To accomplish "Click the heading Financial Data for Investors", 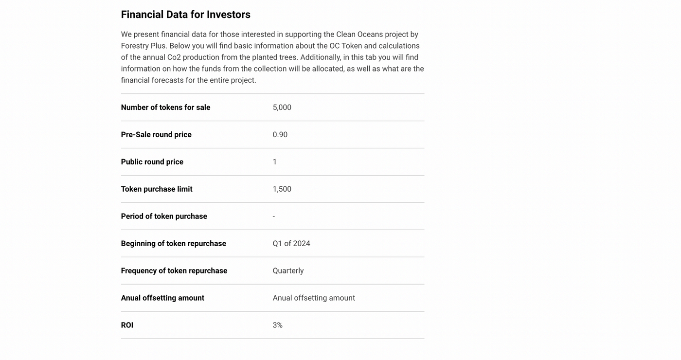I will coord(185,15).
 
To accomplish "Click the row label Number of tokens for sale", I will coord(165,108).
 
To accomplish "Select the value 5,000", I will coord(282,108).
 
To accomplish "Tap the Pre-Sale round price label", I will coord(156,135).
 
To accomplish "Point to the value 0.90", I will coord(280,135).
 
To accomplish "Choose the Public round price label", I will coord(152,162).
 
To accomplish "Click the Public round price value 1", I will coord(275,162).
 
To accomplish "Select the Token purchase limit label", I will coord(157,189).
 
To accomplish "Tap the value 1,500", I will coord(282,189).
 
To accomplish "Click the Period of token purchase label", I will coord(164,216).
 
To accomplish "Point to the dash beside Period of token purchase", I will coord(274,216).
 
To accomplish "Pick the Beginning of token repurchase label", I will coord(173,244).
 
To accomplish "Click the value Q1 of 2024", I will coord(291,244).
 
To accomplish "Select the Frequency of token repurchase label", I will coord(174,271).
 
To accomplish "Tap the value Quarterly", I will coord(288,271).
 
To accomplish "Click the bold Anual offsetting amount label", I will coord(162,298).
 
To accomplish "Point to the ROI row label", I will coord(127,325).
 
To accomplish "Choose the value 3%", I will coord(277,325).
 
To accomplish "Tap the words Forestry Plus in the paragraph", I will coord(143,46).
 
